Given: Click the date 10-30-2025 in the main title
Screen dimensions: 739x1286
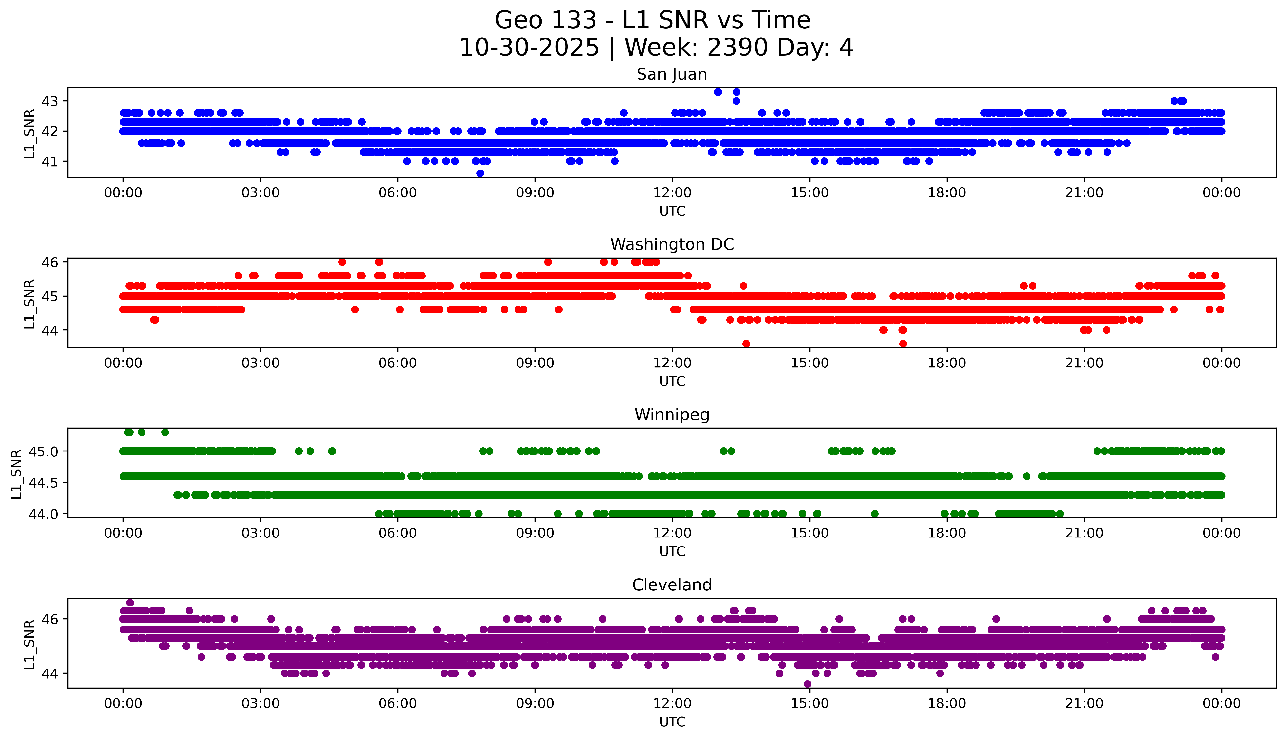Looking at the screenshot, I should point(529,48).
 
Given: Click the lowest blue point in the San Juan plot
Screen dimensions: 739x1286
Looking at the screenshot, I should point(480,173).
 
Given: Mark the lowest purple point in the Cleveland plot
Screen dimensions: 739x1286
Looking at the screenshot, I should point(807,684).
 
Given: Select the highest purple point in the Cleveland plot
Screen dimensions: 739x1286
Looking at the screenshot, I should point(130,603).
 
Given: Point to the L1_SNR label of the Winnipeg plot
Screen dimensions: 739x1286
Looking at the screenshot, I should point(16,474).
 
